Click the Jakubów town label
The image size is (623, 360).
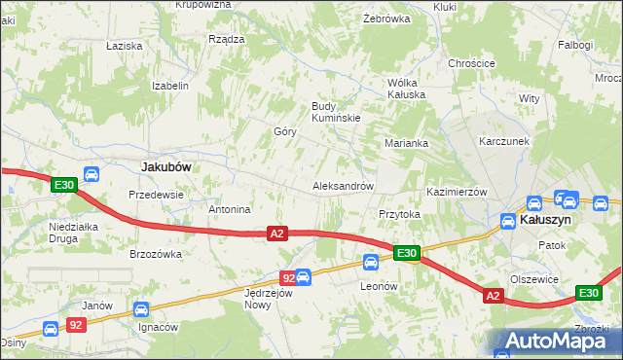pos(165,166)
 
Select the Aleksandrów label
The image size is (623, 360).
pos(343,186)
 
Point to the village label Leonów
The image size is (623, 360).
pos(380,286)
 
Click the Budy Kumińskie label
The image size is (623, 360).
pos(336,112)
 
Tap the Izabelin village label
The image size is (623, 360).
pos(169,86)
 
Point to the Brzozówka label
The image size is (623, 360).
pos(156,254)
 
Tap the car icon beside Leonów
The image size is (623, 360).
pos(371,262)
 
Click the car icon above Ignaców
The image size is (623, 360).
pos(140,310)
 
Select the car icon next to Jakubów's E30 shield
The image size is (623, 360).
pos(91,175)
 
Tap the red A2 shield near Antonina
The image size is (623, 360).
pos(277,234)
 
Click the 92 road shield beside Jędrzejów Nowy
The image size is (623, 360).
pos(288,279)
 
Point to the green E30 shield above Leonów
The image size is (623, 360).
pos(407,254)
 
